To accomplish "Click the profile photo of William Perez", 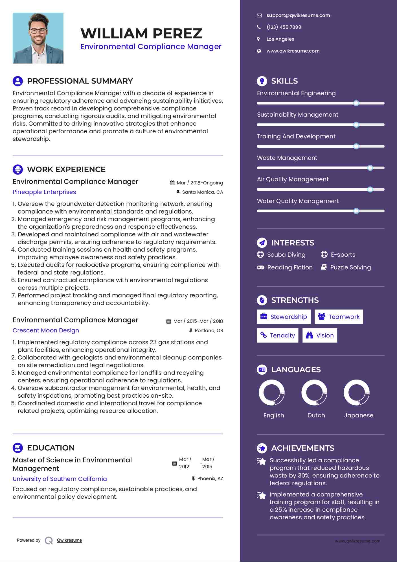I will [38, 38].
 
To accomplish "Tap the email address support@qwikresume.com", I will [298, 16].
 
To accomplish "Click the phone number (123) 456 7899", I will [284, 27].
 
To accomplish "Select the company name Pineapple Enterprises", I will [44, 192].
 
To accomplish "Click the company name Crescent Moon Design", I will [46, 330].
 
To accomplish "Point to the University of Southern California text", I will [60, 479].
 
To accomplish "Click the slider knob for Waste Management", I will [370, 168].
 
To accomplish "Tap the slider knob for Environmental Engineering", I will [356, 103].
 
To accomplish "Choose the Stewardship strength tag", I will [284, 317].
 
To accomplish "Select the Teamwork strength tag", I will [339, 317].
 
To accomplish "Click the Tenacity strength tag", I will [278, 336].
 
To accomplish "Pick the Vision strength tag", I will [320, 336].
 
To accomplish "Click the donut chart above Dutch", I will [314, 393].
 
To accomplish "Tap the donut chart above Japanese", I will [357, 393].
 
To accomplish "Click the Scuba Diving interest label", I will [286, 255].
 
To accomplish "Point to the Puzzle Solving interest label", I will [350, 267].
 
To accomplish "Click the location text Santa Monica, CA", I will [202, 192].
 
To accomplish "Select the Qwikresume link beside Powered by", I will [69, 540].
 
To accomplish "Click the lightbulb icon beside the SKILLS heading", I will [262, 81].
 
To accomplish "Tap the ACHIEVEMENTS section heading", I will [302, 448].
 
